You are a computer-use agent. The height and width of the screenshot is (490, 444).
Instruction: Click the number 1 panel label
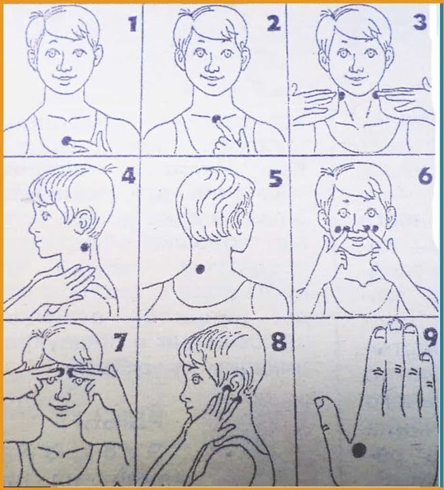(133, 23)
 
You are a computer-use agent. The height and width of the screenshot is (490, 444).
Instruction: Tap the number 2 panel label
(274, 22)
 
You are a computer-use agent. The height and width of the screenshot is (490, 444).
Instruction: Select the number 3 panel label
(420, 22)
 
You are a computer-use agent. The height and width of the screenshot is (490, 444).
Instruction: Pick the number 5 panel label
(275, 179)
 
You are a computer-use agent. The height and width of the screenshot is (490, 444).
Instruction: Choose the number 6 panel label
(425, 177)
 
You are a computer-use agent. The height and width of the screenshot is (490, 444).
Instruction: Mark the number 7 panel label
(121, 342)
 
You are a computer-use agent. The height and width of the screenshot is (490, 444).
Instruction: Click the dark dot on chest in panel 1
(66, 141)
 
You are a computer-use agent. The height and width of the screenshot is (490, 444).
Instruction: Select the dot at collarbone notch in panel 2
(216, 119)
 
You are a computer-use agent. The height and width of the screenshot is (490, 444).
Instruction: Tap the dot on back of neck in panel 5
(200, 269)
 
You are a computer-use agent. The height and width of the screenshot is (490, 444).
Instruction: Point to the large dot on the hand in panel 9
(359, 450)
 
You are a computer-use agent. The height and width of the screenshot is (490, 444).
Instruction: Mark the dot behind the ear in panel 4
(84, 248)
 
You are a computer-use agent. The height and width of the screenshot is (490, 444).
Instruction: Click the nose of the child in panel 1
(63, 65)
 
